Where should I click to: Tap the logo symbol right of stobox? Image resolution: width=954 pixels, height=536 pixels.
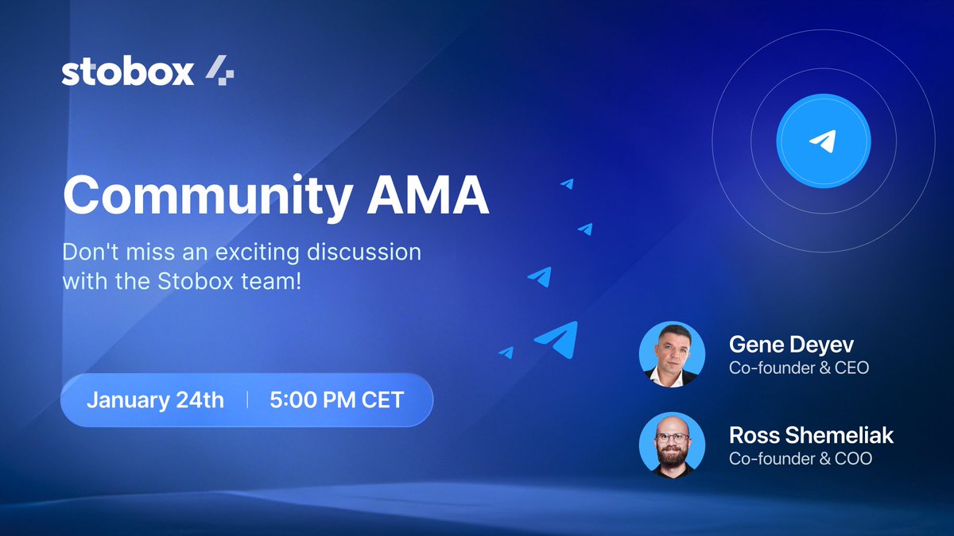(x=219, y=72)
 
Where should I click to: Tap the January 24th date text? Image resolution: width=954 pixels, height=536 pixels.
(x=155, y=399)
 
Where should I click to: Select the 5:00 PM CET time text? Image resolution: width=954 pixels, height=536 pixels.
(x=337, y=399)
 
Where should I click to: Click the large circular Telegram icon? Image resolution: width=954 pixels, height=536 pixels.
(x=824, y=141)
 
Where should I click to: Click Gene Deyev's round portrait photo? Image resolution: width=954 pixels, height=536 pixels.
(x=672, y=354)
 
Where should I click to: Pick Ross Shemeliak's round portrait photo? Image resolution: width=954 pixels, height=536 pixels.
(x=672, y=445)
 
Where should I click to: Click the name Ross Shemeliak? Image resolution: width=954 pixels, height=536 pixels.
(x=811, y=436)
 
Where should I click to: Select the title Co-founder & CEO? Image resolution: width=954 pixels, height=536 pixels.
(x=799, y=368)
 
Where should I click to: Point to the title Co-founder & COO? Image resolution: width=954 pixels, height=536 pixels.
(x=800, y=459)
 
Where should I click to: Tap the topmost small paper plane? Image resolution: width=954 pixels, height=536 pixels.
(x=568, y=183)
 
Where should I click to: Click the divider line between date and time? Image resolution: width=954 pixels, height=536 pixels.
(x=247, y=399)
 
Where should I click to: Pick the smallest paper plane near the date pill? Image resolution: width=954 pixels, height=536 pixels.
(x=507, y=352)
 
